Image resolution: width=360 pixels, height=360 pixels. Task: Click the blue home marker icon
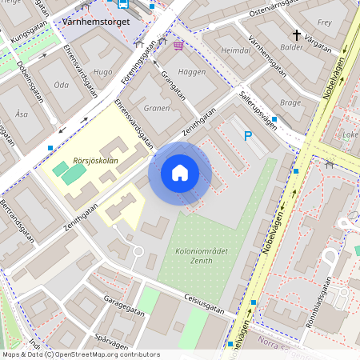pos(180,172)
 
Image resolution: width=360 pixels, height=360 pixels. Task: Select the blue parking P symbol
pos(248,137)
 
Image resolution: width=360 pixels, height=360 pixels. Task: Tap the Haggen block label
pos(192,71)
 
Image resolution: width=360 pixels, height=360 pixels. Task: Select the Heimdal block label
pos(236,50)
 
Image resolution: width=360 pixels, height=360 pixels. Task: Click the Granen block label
pos(157,107)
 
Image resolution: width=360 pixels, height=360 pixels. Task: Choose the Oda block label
pos(61,84)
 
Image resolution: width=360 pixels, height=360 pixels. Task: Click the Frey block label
pos(324,23)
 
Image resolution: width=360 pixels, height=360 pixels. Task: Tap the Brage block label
pos(290,102)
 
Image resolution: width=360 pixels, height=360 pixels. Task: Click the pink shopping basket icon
pos(178,46)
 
